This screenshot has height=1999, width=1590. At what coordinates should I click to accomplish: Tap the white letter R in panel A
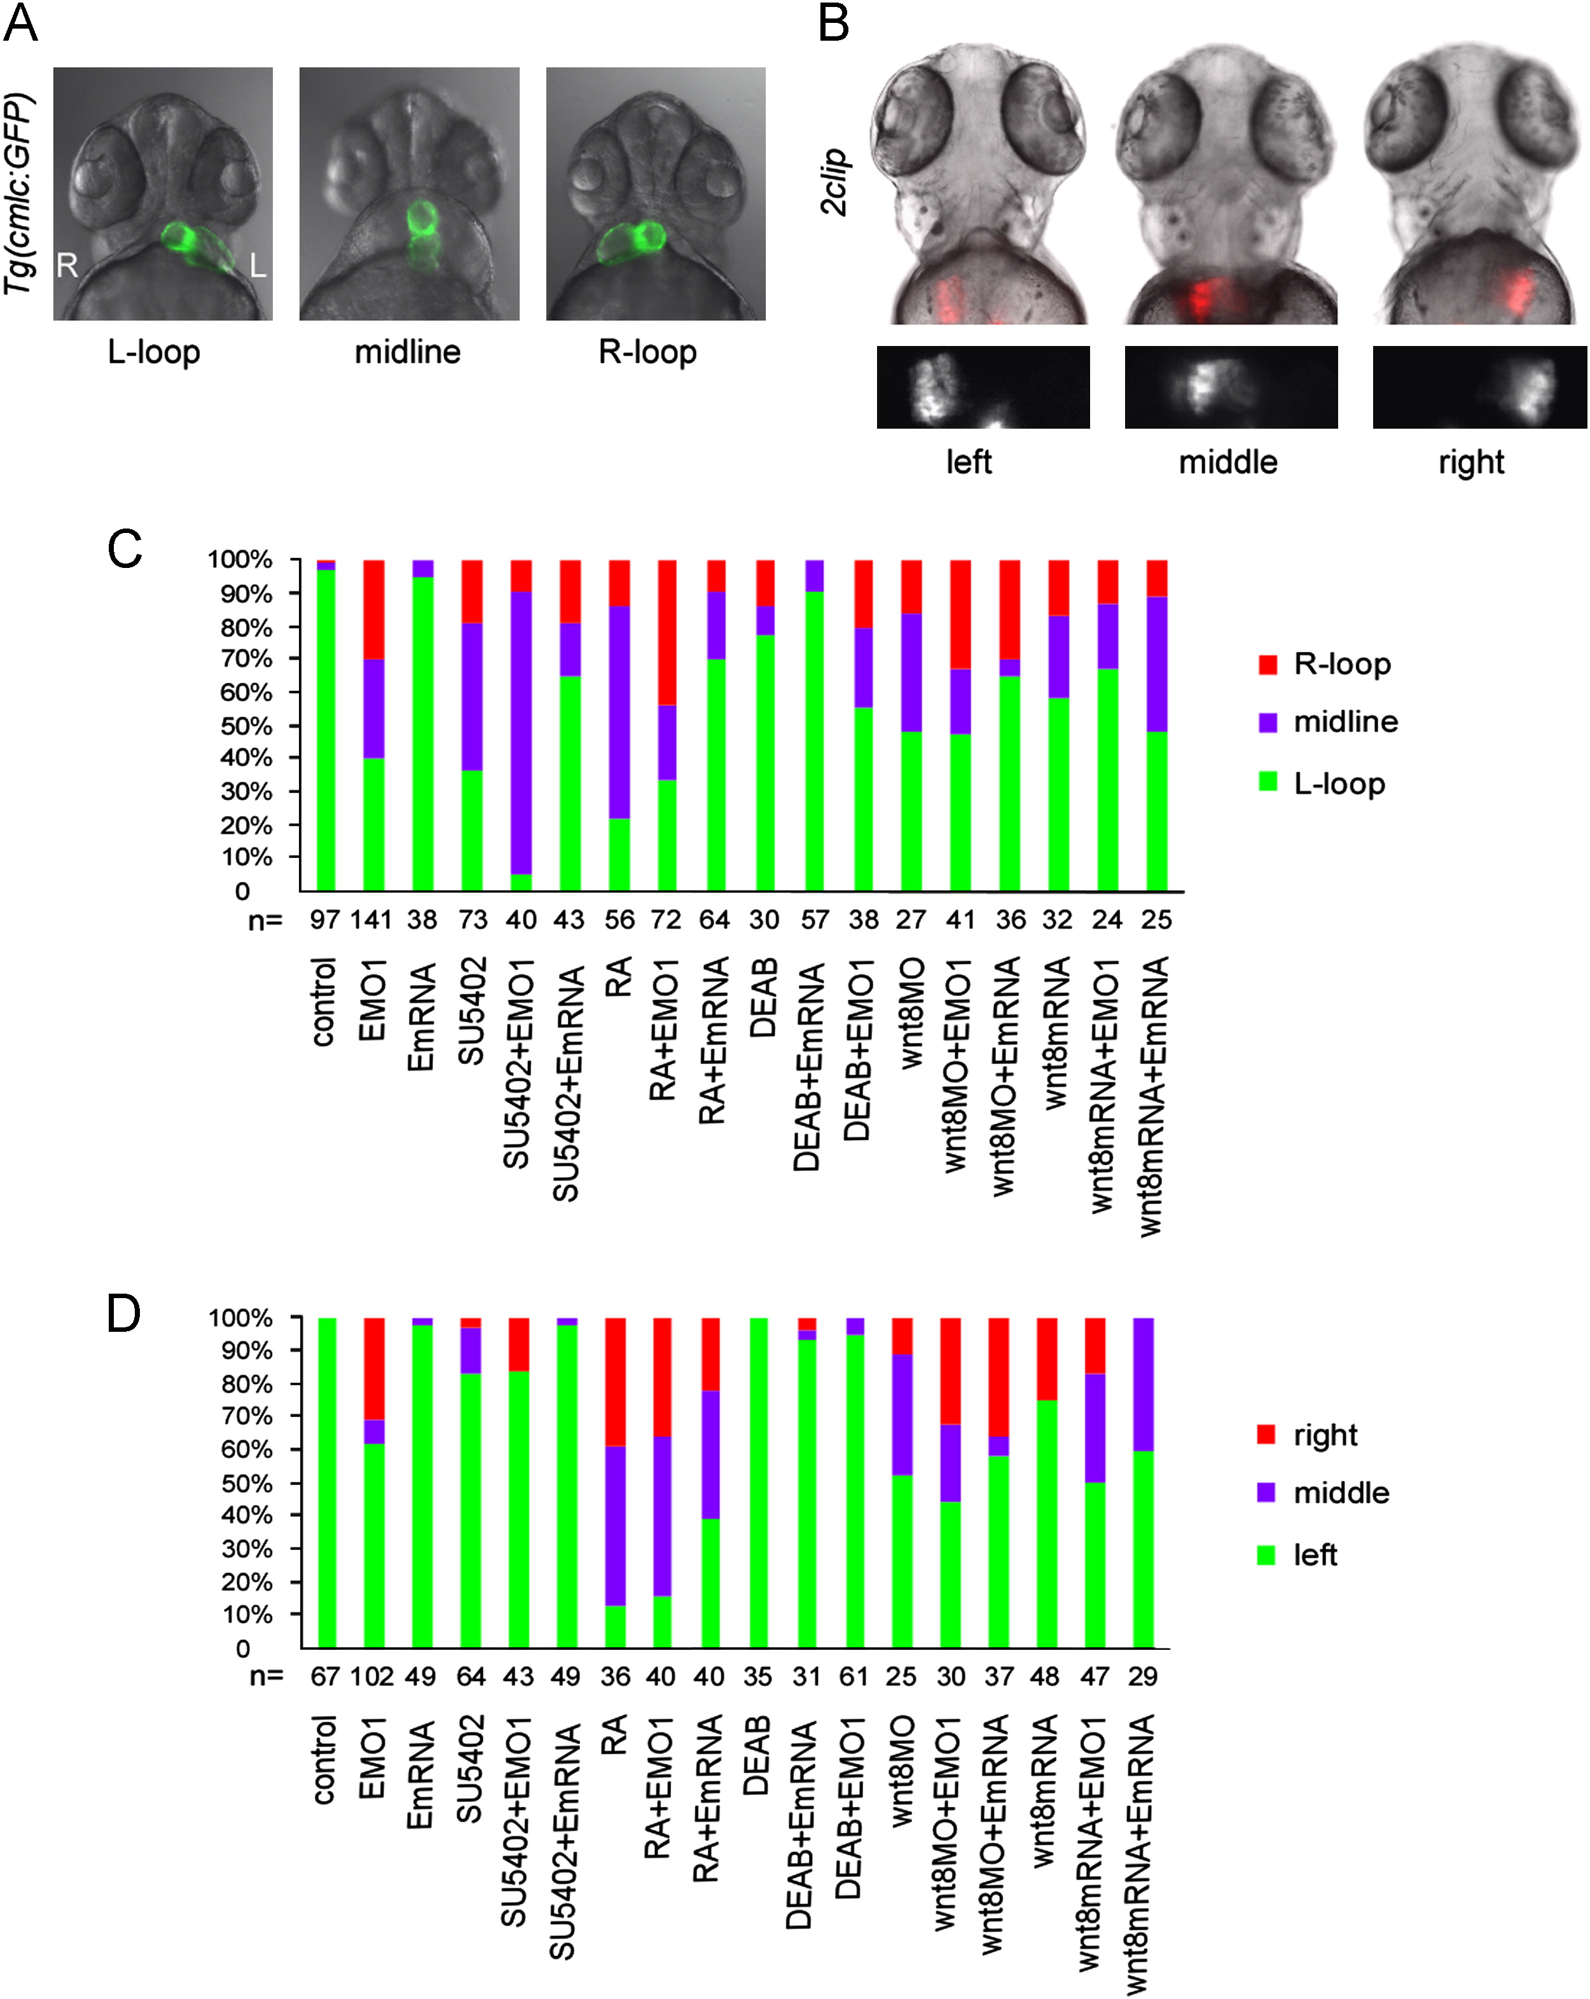point(67,266)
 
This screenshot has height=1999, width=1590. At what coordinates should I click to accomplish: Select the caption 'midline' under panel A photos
point(408,352)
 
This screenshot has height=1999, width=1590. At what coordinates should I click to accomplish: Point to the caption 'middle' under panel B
point(1227,462)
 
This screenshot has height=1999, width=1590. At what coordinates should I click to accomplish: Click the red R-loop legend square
point(1268,664)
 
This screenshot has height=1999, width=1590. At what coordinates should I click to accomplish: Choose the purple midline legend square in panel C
point(1268,723)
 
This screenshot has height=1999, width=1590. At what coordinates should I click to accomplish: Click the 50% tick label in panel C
point(245,725)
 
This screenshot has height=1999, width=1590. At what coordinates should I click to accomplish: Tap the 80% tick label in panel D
point(245,1383)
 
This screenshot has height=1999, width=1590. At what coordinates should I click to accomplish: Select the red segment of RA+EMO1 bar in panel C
point(666,632)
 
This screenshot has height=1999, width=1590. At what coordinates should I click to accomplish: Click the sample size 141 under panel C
point(372,920)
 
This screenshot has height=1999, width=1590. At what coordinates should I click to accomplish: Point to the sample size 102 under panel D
point(372,1677)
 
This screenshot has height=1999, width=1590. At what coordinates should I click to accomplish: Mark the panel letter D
point(124,1314)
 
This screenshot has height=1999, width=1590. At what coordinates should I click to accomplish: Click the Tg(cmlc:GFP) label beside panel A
point(18,193)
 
